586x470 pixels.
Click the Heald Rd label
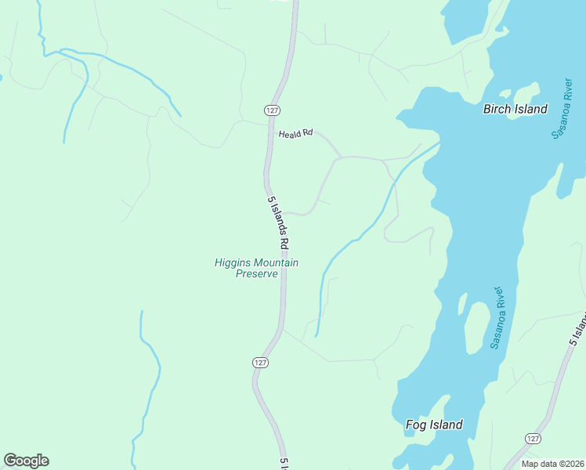295,134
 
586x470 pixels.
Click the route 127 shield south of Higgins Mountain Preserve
261,362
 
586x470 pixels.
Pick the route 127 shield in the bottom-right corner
533,439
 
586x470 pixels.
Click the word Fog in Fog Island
416,425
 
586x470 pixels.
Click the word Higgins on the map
233,263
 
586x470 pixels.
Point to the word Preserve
257,275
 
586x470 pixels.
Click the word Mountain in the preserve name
276,263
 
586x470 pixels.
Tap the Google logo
27,461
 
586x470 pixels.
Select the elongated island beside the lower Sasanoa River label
475,325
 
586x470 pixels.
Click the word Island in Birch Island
532,110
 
